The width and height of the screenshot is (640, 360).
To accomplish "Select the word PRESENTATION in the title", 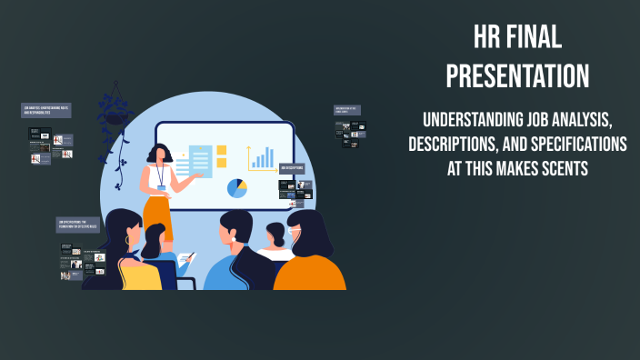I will pos(517,75).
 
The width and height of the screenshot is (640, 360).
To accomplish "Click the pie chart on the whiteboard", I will pos(237,188).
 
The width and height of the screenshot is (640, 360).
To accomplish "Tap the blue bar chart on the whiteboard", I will pos(262,158).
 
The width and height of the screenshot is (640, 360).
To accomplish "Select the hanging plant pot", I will pos(115,115).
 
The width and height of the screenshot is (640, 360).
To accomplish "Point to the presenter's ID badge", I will pos(162,188).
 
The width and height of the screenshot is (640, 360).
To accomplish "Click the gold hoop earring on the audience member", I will pos(127,241).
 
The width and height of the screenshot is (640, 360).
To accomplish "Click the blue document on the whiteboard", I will pos(199,161).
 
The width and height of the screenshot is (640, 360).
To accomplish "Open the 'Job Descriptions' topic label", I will pos(292,167).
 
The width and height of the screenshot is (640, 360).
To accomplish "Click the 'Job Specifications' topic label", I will pos(77,224).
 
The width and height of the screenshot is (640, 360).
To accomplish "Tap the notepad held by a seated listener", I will pos(185,259).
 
